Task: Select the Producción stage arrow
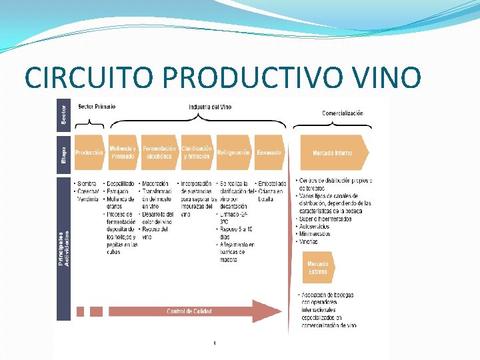point(89,153)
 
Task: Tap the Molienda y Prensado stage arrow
point(123,153)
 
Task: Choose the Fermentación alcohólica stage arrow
point(159,153)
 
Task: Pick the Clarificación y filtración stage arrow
point(197,153)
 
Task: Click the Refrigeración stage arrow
point(233,153)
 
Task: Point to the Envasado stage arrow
point(269,153)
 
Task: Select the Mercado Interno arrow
point(333,153)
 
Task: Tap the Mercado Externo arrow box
point(318,267)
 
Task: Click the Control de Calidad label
point(189,311)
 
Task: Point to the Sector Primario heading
point(97,107)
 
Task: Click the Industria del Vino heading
point(210,107)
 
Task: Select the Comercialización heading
point(343,113)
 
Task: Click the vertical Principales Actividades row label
point(64,248)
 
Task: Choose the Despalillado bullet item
point(121,183)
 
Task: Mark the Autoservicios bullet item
point(316,227)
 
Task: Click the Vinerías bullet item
point(309,241)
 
